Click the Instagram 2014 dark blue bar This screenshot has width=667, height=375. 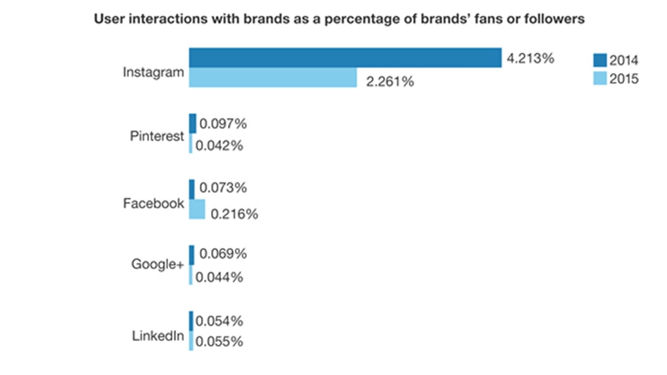(345, 57)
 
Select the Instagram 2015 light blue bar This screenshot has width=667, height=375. (273, 77)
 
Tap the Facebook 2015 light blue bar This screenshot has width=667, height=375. (197, 209)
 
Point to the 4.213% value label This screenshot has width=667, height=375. (530, 59)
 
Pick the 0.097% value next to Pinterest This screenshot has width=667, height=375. (223, 123)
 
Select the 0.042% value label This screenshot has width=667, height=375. (219, 146)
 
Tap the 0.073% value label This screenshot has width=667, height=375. (223, 188)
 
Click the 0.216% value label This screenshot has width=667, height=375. (234, 214)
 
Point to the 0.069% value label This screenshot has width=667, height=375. (223, 253)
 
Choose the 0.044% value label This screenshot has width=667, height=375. (219, 277)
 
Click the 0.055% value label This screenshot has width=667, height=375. (219, 341)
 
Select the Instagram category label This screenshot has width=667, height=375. (153, 72)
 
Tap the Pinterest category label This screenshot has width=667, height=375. (157, 137)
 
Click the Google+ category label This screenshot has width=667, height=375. (158, 264)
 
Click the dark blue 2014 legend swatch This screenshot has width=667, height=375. (599, 61)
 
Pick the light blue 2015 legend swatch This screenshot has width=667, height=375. (599, 79)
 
